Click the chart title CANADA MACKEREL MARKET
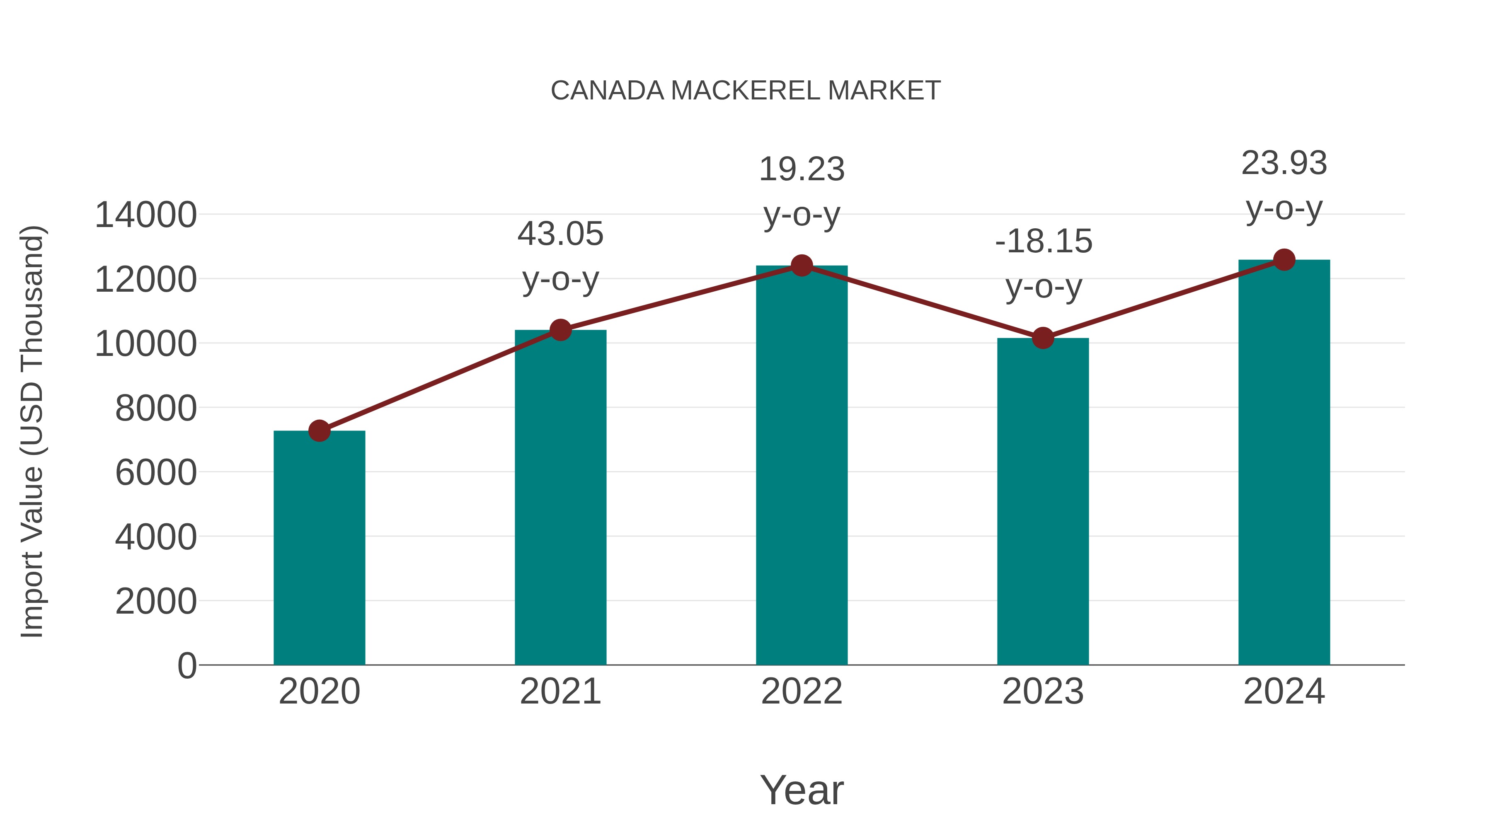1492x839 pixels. [746, 91]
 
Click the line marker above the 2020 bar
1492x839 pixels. [319, 431]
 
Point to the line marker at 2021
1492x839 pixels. [560, 330]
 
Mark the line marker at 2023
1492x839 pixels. [1043, 338]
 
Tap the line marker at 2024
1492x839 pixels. [1284, 260]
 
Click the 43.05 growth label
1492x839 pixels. [560, 235]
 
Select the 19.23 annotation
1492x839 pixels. [802, 169]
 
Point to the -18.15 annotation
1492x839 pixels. [1043, 242]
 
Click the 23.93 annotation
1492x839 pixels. [1284, 163]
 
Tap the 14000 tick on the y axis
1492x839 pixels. [145, 215]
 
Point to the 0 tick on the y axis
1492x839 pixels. [186, 665]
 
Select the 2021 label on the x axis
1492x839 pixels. [560, 692]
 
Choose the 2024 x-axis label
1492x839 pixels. [1284, 692]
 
